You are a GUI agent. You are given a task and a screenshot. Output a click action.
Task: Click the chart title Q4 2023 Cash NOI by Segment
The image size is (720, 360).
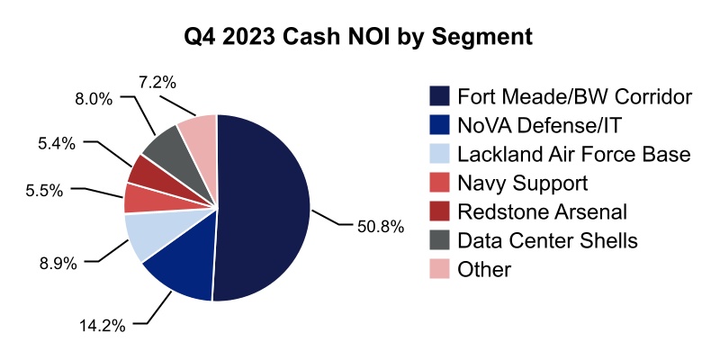(360, 38)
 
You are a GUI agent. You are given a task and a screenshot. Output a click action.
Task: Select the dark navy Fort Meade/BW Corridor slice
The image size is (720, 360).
(265, 207)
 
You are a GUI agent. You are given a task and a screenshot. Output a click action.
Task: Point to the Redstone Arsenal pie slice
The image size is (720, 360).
(147, 168)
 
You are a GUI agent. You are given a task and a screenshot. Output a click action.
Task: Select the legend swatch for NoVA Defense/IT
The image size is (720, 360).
(440, 125)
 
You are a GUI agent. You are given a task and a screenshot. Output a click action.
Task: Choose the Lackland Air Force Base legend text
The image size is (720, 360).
(573, 154)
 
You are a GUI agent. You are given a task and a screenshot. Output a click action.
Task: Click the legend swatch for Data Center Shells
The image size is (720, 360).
(440, 240)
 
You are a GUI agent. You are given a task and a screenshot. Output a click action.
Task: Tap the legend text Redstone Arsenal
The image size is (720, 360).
(542, 211)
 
